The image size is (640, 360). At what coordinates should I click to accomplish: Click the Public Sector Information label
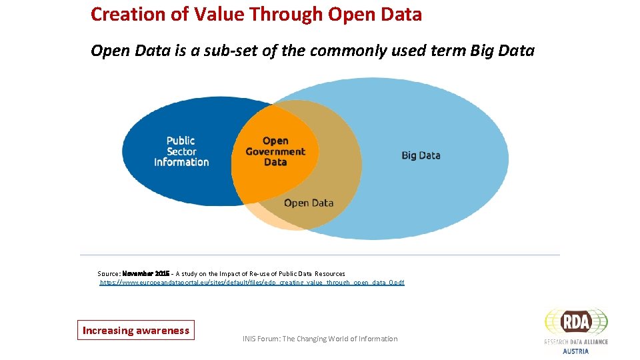click(x=181, y=151)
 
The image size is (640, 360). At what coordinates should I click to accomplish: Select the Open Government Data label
click(x=275, y=151)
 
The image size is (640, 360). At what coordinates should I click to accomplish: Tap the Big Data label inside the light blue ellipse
click(x=421, y=155)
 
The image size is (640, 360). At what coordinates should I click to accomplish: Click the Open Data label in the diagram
click(x=308, y=203)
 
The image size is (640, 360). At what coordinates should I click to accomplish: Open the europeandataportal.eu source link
click(x=252, y=283)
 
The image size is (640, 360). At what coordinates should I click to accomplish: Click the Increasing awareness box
click(x=135, y=330)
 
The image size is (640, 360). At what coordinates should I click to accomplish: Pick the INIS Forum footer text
click(x=320, y=339)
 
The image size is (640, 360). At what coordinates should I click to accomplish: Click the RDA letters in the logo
click(x=577, y=323)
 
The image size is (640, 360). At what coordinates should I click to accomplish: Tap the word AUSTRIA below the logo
click(x=576, y=351)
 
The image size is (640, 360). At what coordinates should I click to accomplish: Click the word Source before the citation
click(x=108, y=273)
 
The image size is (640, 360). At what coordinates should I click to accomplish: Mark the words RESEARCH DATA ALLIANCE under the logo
click(x=576, y=342)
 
